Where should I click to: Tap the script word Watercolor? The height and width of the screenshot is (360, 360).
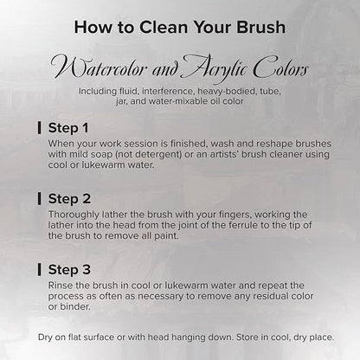point(99,68)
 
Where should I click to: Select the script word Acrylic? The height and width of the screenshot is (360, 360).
point(215,68)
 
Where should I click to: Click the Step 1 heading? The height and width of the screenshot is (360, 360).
point(68,128)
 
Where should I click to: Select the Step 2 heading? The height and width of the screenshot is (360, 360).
point(69,199)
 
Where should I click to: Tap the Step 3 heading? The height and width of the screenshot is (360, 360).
point(69,270)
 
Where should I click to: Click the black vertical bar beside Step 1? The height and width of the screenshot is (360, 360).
point(39,128)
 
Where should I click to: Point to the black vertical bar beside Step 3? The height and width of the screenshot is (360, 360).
point(39,269)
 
